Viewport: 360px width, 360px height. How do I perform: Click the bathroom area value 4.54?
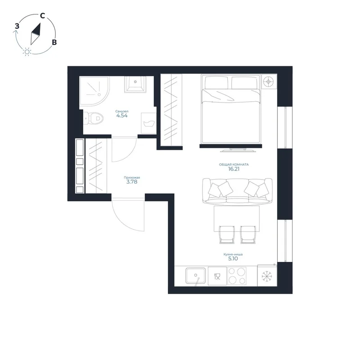tap(122, 116)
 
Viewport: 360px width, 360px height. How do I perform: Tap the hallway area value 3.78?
tap(132, 182)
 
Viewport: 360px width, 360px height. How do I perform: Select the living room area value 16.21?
tap(234, 169)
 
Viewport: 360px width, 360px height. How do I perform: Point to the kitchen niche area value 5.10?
tap(233, 259)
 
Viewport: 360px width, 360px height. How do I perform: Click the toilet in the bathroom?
tap(94, 119)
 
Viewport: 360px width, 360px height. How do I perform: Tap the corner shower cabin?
tap(94, 91)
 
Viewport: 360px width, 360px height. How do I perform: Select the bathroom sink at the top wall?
tap(135, 84)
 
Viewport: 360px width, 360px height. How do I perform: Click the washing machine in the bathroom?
tap(148, 123)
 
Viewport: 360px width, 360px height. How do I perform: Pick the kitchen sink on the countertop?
tap(196, 276)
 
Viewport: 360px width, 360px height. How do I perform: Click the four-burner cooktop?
tap(237, 276)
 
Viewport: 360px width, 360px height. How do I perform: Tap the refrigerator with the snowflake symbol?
tap(267, 276)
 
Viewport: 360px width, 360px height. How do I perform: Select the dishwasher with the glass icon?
tap(217, 276)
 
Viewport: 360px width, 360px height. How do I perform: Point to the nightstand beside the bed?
tap(269, 81)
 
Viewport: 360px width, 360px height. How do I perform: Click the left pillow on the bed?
tap(216, 82)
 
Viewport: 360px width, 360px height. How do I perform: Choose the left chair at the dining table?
tap(227, 234)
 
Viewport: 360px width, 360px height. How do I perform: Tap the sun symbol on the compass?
tap(27, 52)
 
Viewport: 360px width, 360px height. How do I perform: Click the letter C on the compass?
tap(42, 16)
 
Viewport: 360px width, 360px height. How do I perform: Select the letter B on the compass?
tap(54, 42)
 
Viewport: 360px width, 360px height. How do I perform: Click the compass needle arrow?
tap(36, 34)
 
